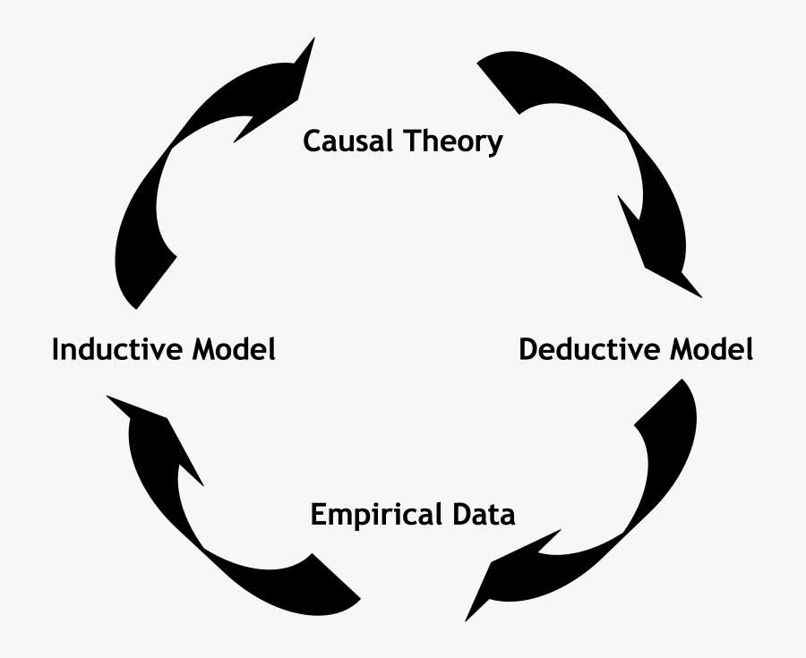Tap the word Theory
click(x=453, y=141)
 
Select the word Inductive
click(x=117, y=349)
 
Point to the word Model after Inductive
click(x=235, y=349)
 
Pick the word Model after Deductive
click(x=711, y=349)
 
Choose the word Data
click(x=484, y=515)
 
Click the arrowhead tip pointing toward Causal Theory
click(x=314, y=38)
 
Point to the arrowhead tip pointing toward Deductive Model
click(x=701, y=297)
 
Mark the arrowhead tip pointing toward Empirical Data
click(x=466, y=621)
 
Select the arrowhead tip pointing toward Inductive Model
click(x=107, y=397)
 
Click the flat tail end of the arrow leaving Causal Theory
click(x=498, y=88)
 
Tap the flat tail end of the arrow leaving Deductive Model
click(x=658, y=402)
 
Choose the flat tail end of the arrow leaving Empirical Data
click(x=336, y=576)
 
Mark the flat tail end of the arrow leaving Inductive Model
click(x=157, y=283)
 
